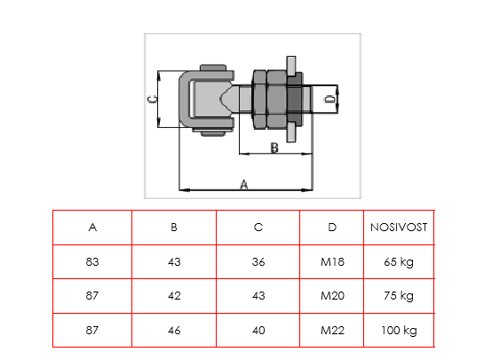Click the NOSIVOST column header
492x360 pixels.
pos(399,228)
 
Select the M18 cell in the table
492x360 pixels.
pos(332,261)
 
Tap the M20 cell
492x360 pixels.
pos(332,296)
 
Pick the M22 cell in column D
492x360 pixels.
pos(332,330)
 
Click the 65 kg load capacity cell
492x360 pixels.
pos(399,262)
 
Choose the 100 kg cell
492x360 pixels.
pos(399,331)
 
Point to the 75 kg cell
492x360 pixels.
pos(399,296)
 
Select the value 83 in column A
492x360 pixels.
pos(92,261)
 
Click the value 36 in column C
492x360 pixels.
pos(258,261)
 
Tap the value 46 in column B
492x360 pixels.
pos(174,330)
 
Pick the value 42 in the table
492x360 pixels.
pos(174,296)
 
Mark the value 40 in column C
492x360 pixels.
pos(258,330)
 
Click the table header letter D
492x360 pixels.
pos(332,228)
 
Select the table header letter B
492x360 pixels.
pos(174,228)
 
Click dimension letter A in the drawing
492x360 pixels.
pos(244,185)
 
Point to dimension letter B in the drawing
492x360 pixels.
pos(274,148)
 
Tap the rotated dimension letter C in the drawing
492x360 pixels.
pos(152,100)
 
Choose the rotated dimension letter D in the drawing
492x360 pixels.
pos(329,100)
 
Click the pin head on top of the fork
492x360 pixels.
pos(213,68)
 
